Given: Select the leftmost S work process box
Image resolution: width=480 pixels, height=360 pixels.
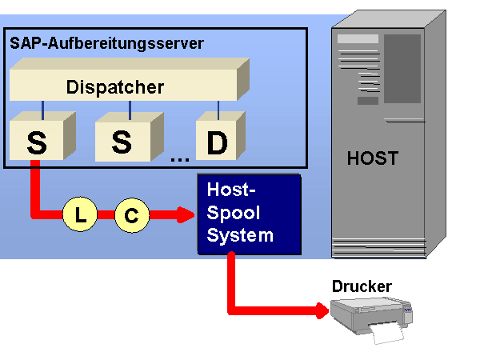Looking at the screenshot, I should pyautogui.click(x=37, y=142).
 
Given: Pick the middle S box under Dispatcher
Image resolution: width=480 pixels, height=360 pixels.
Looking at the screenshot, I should pyautogui.click(x=121, y=142).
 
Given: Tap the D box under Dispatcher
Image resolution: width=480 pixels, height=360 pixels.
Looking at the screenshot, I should pyautogui.click(x=216, y=142).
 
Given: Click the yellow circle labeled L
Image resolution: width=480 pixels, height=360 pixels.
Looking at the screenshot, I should pyautogui.click(x=79, y=214).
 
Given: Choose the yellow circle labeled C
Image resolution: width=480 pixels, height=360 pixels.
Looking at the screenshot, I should pyautogui.click(x=131, y=214).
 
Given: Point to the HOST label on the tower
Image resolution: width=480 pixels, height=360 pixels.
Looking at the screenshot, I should pyautogui.click(x=372, y=158).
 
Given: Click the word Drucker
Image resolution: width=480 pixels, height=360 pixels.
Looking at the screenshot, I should pyautogui.click(x=362, y=286).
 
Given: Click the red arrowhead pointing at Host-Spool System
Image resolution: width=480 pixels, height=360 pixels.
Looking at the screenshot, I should pyautogui.click(x=186, y=214).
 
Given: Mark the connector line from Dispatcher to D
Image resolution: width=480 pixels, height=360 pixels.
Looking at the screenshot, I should pyautogui.click(x=218, y=108).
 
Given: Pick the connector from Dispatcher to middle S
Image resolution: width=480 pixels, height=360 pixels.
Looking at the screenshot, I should pyautogui.click(x=122, y=108).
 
